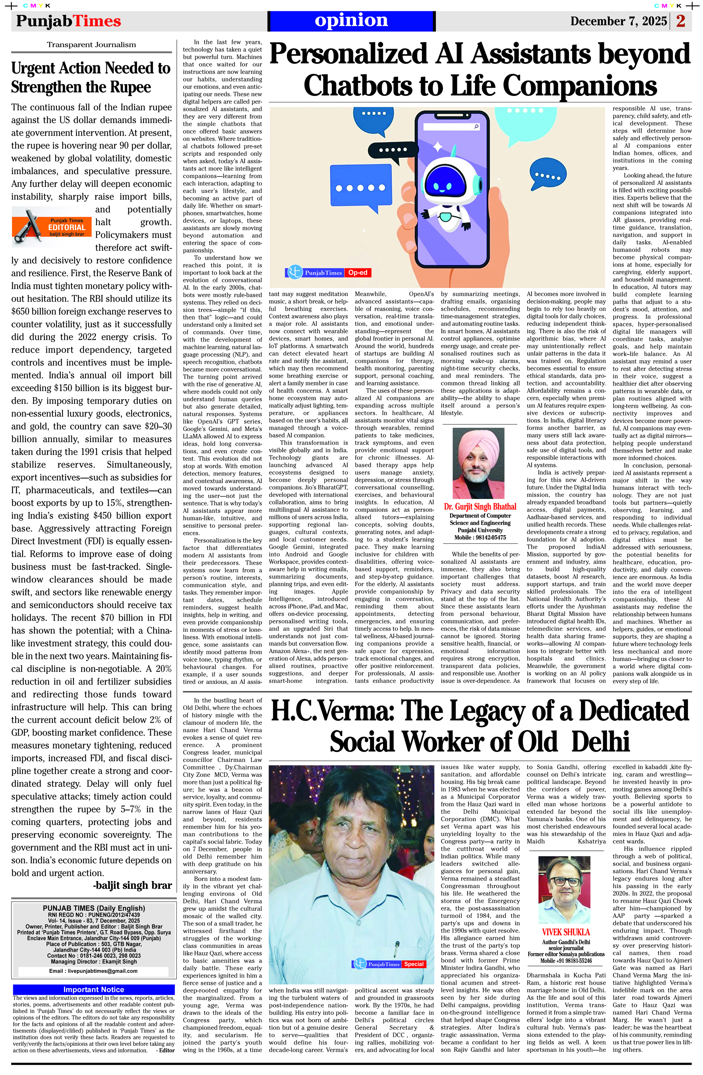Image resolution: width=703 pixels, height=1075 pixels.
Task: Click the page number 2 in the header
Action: (681, 21)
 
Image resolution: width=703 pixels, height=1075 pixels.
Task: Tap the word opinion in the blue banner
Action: (351, 20)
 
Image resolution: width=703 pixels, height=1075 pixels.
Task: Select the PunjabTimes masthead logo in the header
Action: (69, 21)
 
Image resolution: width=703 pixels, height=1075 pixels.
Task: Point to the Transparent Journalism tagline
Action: (91, 45)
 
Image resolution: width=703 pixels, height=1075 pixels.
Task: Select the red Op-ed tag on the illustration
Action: (358, 273)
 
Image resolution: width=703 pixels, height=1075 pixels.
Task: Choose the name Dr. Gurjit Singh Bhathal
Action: (480, 507)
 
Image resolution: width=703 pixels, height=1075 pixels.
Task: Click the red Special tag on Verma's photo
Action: (413, 964)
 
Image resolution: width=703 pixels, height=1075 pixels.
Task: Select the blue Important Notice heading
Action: (93, 989)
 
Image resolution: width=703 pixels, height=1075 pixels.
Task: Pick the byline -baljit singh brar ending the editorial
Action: (132, 886)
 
